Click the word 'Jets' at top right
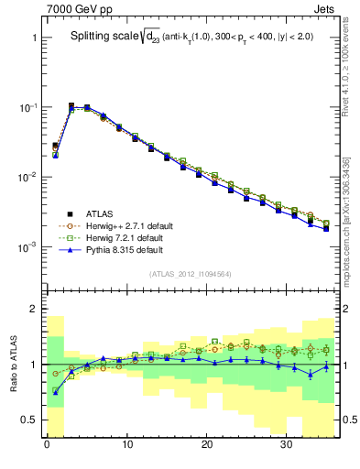(x=326, y=9)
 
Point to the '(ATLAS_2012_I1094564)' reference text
(x=190, y=273)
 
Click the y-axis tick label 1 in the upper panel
(x=34, y=38)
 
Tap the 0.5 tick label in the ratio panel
(x=29, y=420)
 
